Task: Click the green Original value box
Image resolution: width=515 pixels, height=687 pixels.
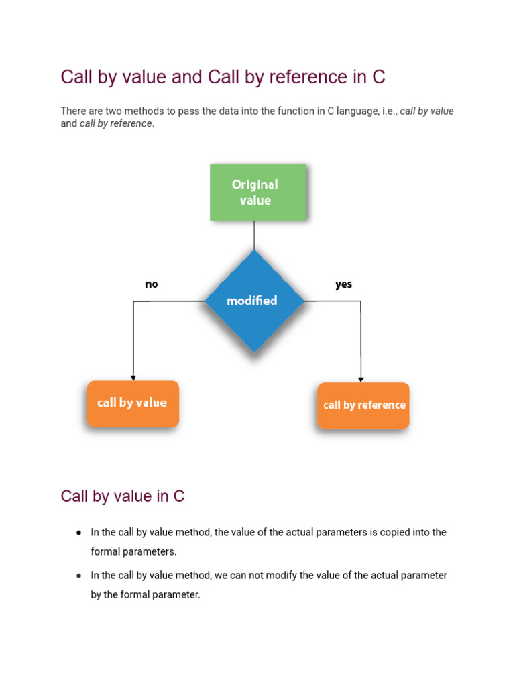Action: point(257,193)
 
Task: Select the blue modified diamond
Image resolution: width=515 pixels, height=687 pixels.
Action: point(253,301)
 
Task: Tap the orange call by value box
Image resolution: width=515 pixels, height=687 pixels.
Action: point(132,403)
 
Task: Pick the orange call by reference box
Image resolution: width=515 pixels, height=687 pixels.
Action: point(363,405)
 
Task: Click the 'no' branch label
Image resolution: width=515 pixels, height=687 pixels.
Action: point(152,284)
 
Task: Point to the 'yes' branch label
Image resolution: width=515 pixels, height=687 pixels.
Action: point(343,284)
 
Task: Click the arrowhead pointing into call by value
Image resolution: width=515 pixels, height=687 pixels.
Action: point(133,378)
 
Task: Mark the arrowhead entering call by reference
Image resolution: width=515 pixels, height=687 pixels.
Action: point(361,379)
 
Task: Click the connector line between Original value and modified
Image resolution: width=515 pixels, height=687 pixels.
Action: point(254,235)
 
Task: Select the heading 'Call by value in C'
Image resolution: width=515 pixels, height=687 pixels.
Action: point(122,496)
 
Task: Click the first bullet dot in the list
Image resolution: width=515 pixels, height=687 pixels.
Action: point(78,532)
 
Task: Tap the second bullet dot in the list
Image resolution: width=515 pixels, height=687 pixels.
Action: point(78,575)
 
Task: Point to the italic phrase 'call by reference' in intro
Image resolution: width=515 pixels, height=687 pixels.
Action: point(115,124)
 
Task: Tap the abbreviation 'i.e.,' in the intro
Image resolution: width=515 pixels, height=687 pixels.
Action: point(388,111)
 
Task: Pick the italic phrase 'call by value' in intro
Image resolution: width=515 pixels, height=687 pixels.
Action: point(426,111)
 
